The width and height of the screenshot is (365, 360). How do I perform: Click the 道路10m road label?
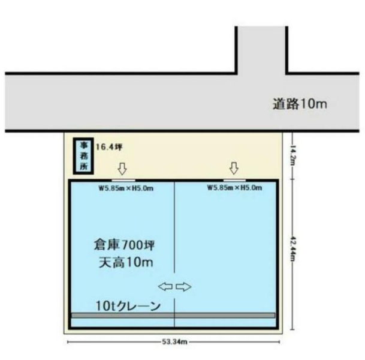[300, 104]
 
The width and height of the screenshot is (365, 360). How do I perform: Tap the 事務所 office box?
[83, 156]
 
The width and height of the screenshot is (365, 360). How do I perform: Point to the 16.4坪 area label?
[109, 147]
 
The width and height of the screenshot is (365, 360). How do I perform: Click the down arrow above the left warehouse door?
[122, 169]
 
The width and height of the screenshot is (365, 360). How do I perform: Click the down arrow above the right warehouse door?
[234, 168]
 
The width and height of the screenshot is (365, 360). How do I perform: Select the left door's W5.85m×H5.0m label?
[126, 188]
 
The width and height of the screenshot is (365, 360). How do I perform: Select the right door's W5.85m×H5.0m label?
[235, 188]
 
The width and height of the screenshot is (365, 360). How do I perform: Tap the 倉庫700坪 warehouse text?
[124, 245]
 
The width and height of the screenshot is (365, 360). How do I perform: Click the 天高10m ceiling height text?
[126, 262]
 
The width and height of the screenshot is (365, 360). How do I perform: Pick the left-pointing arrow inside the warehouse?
[165, 287]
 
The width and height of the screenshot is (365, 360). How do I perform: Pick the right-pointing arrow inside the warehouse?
[183, 287]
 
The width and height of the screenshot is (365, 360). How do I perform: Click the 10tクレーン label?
[128, 306]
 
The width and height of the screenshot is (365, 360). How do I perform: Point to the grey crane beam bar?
[173, 315]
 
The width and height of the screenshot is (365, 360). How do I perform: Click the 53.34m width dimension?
[174, 342]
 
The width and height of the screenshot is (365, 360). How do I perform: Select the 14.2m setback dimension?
[293, 155]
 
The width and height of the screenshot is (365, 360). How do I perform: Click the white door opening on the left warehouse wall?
[123, 181]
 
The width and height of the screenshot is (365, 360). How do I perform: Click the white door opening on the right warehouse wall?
[234, 180]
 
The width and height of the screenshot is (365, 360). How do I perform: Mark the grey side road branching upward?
[262, 50]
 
